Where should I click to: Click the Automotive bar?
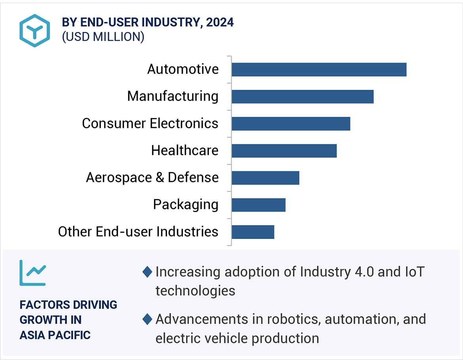[x=319, y=70]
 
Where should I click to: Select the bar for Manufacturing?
[x=303, y=97]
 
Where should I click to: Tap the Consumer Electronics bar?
[x=291, y=124]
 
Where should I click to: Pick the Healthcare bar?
[x=284, y=151]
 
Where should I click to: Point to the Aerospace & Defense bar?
[x=266, y=178]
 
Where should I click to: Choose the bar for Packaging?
[x=258, y=205]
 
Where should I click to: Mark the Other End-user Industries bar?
[x=253, y=232]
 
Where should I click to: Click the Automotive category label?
[x=183, y=69]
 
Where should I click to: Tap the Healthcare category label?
[x=185, y=150]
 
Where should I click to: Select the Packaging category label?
[x=186, y=205]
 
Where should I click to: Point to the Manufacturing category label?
[x=173, y=96]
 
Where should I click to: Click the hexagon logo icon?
[x=35, y=30]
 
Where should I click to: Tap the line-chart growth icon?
[x=33, y=273]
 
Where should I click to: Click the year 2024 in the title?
[x=220, y=23]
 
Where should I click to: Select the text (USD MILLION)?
[x=103, y=37]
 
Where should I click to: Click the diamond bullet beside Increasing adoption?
[x=147, y=272]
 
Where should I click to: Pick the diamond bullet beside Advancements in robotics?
[x=147, y=319]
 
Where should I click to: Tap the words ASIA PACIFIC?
[x=55, y=335]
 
